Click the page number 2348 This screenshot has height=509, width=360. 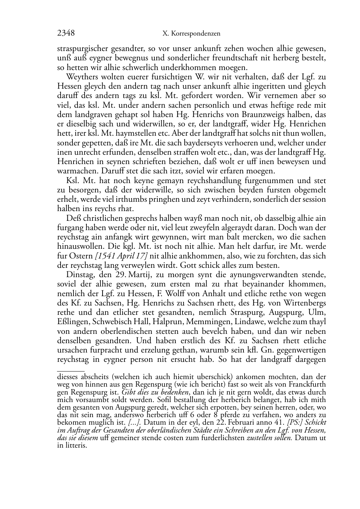[x=66, y=33]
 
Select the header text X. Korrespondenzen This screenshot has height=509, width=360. [x=191, y=34]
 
